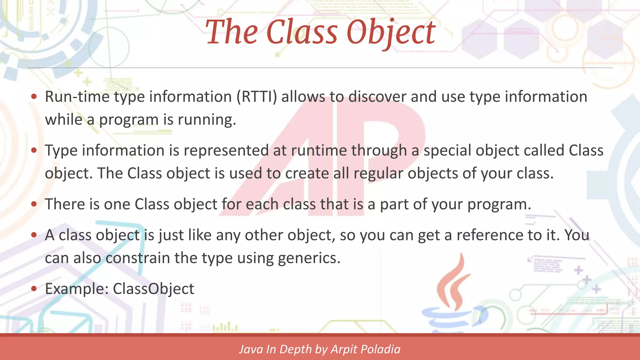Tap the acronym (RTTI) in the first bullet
click(x=257, y=97)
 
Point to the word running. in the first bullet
click(x=207, y=120)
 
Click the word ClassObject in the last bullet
click(x=153, y=289)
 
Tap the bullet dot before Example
click(x=34, y=289)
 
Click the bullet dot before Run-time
click(x=34, y=97)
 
